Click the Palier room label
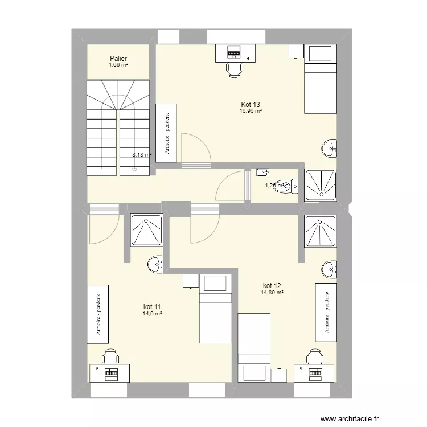118,58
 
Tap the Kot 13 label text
251,104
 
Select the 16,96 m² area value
251,111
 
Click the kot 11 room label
153,306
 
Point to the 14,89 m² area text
272,293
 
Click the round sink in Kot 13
330,149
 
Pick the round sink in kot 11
157,264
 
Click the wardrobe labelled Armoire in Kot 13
166,133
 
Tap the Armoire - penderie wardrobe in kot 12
327,312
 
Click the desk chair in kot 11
109,358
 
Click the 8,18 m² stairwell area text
142,154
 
